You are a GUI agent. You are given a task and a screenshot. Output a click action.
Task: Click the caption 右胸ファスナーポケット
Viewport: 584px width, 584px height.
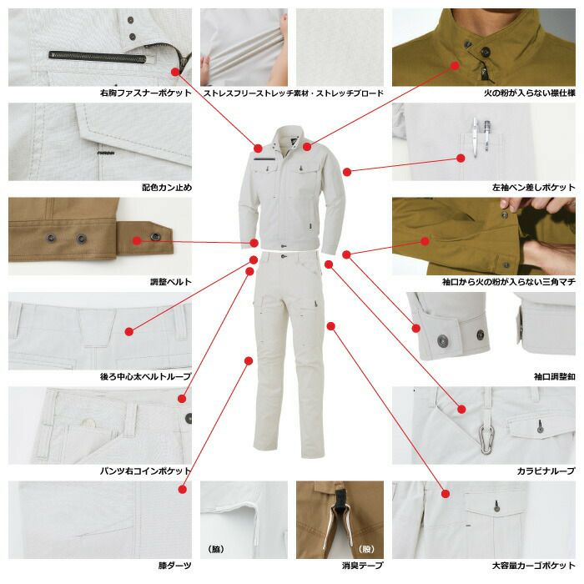pos(146,93)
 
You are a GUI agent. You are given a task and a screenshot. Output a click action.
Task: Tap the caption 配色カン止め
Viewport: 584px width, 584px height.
pos(167,188)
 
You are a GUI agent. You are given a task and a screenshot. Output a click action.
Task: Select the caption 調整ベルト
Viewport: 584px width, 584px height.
pos(171,282)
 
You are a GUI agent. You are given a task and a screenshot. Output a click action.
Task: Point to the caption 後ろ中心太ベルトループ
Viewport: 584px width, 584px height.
pos(146,376)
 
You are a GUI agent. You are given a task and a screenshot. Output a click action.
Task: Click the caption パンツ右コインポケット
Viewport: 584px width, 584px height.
pos(146,471)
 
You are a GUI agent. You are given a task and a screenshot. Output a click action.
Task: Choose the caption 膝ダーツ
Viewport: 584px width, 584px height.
pos(175,566)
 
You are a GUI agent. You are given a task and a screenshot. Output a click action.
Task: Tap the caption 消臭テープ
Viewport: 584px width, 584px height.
pos(362,566)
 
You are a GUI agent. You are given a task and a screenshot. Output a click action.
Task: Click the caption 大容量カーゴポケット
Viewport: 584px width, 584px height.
pos(534,566)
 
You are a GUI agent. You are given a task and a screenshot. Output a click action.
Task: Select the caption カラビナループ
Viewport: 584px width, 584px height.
pos(546,471)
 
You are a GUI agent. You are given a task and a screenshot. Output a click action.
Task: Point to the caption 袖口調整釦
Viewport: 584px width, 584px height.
pos(555,376)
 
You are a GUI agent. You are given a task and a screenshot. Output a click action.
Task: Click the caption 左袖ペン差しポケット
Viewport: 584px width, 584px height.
pos(534,188)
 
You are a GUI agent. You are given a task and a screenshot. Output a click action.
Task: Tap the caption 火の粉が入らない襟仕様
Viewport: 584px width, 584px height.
pos(530,93)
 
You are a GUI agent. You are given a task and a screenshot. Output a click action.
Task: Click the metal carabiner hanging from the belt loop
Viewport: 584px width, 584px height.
pos(486,441)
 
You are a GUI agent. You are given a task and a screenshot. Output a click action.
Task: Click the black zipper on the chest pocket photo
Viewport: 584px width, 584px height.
pos(98,56)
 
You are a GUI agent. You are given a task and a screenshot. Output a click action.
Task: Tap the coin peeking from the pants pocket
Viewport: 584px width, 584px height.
pos(89,422)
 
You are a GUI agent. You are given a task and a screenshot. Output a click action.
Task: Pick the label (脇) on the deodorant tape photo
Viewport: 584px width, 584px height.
pos(216,549)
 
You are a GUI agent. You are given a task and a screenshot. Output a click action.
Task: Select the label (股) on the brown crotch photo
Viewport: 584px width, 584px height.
pos(366,549)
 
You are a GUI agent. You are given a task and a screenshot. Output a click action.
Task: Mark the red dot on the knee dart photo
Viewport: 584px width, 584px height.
pos(182,489)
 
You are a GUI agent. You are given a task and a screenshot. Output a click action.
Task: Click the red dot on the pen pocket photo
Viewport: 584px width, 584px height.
pos(461,158)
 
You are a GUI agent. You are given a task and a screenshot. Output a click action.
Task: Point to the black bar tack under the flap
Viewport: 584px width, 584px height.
pos(106,153)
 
